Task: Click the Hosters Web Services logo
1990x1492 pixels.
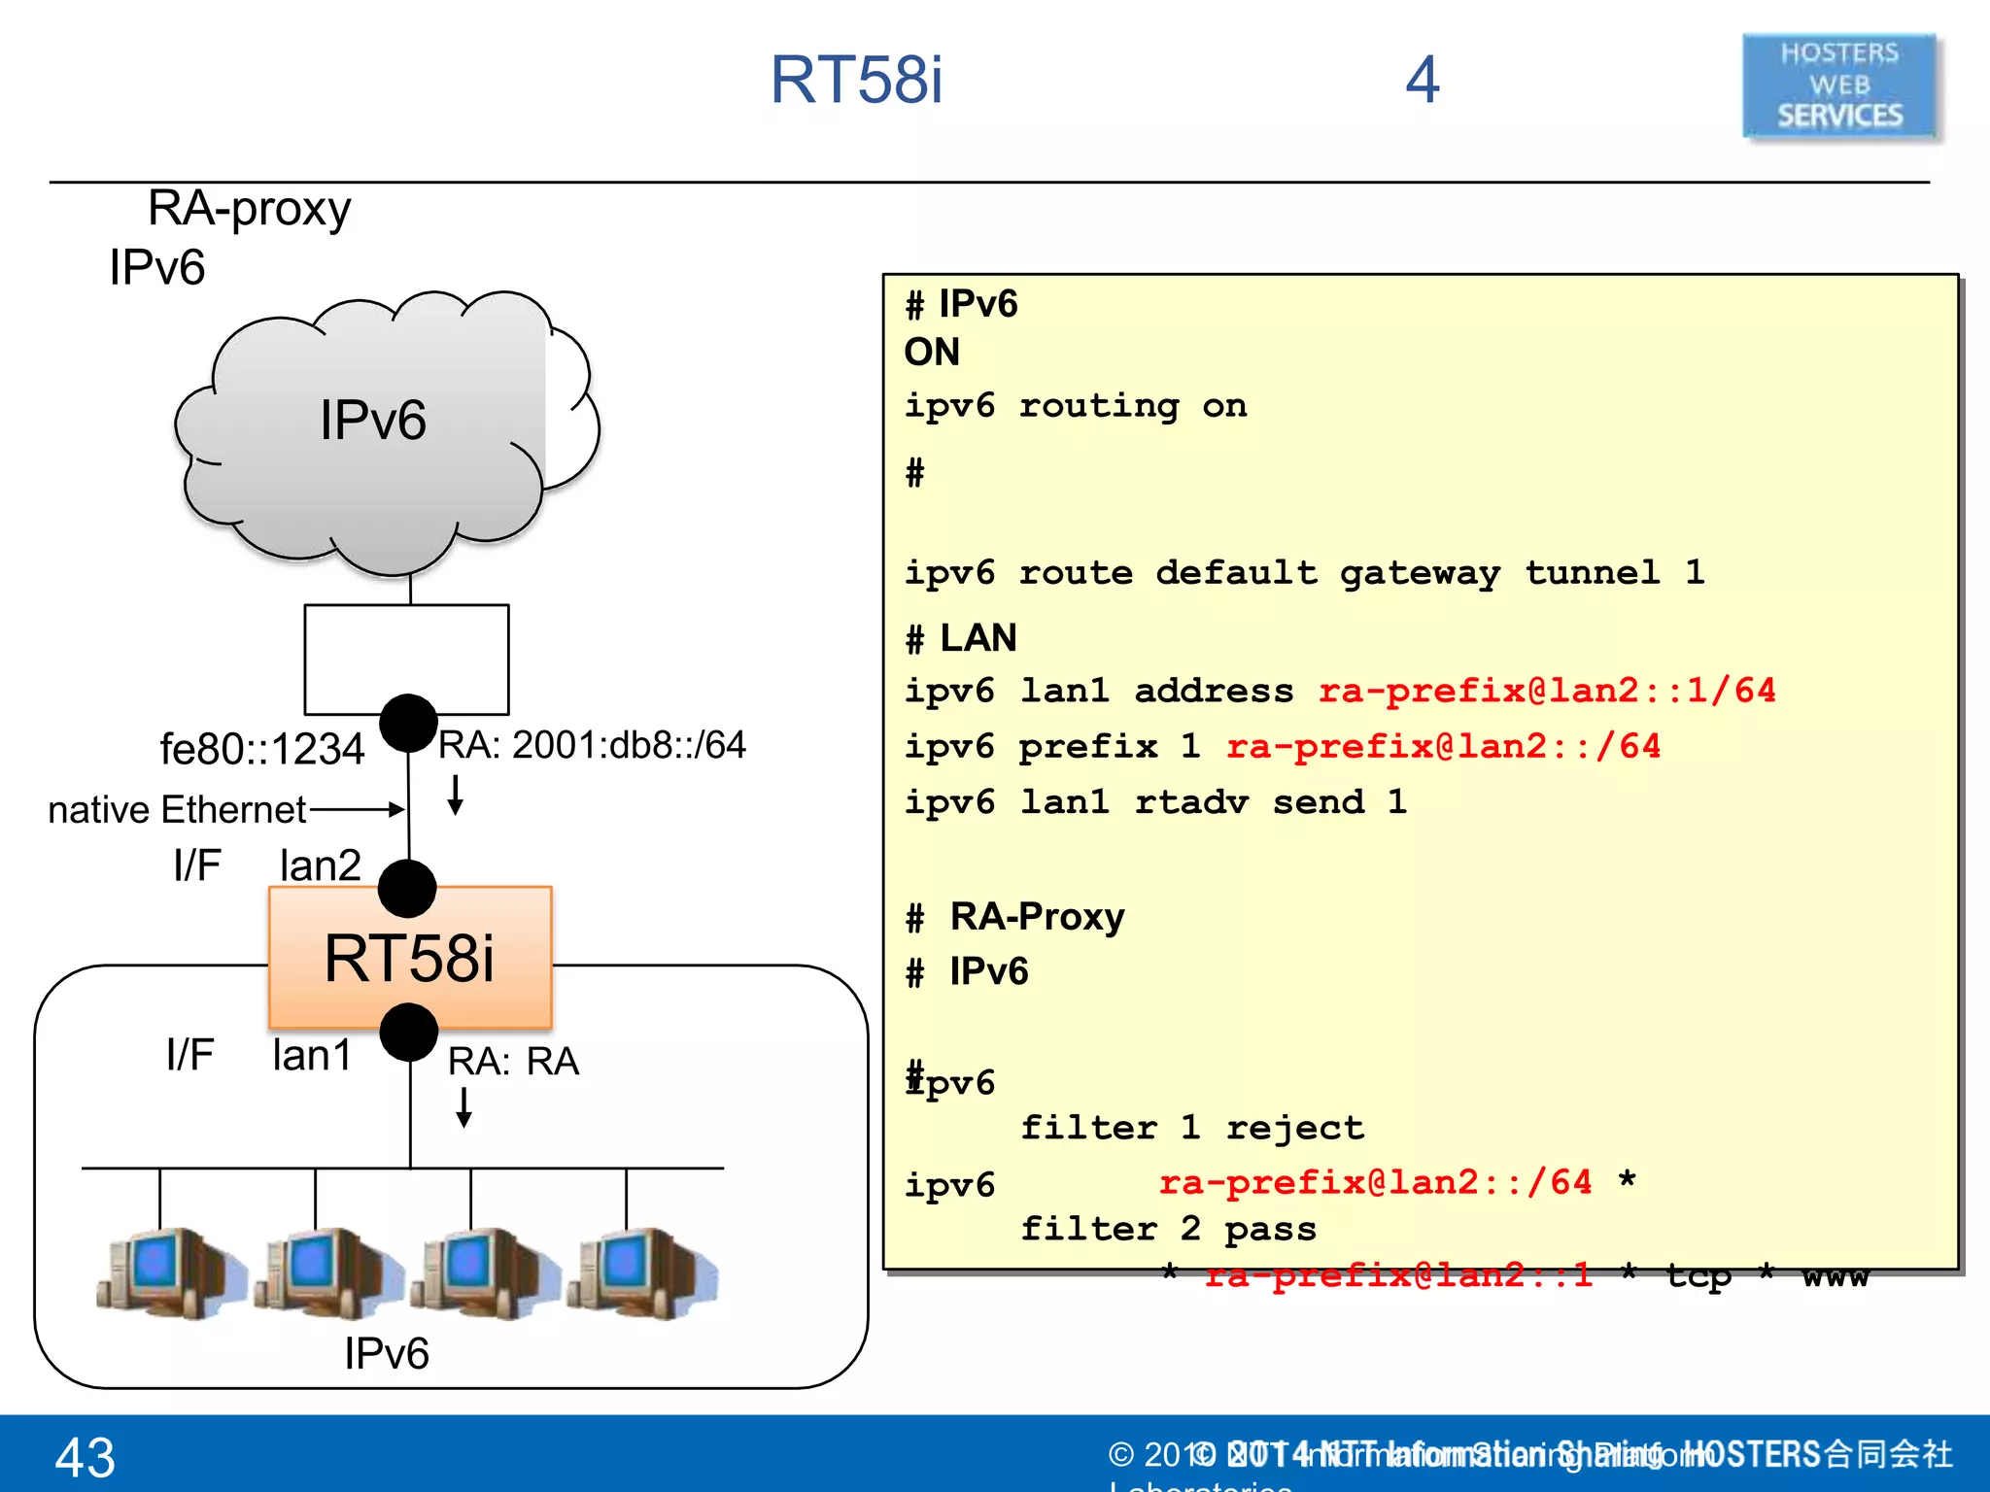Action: coord(1839,85)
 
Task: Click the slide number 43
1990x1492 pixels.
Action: coord(86,1457)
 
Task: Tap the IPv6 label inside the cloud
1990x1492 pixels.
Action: coord(373,421)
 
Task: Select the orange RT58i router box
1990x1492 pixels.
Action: coord(410,958)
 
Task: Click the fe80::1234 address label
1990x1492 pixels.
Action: coord(262,749)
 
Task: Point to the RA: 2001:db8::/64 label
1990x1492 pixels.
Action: coord(591,745)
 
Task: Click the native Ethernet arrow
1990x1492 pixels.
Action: coord(356,808)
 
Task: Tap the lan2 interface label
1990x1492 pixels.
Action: coord(320,865)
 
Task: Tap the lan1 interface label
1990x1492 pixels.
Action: coord(311,1055)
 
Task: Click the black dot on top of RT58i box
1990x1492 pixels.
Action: coord(407,888)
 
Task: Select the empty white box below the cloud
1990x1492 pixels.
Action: coord(406,658)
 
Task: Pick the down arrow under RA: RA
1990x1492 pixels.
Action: coord(464,1107)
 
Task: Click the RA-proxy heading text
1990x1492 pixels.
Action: coord(249,208)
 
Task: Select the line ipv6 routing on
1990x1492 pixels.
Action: coord(1075,405)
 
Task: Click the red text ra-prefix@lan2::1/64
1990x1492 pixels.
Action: coord(1546,691)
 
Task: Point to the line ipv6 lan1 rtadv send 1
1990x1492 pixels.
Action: coord(1154,802)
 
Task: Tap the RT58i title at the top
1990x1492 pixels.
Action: coord(856,80)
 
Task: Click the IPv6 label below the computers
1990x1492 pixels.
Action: coord(386,1353)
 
